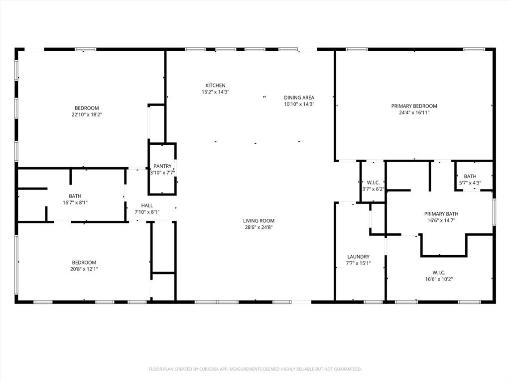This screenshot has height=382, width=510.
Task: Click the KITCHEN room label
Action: pyautogui.click(x=215, y=86)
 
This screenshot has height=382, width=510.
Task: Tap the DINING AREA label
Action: pyautogui.click(x=299, y=97)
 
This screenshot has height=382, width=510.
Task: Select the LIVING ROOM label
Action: pyautogui.click(x=258, y=220)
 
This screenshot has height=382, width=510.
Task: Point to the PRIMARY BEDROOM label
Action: pyautogui.click(x=414, y=106)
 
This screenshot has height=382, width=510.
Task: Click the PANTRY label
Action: pyautogui.click(x=162, y=166)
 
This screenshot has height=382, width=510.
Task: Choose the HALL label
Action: pyautogui.click(x=147, y=205)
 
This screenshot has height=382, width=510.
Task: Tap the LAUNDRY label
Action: pyautogui.click(x=358, y=257)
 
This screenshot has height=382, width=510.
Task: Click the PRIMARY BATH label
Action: pyautogui.click(x=441, y=214)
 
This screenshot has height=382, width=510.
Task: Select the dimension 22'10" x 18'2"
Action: pyautogui.click(x=87, y=114)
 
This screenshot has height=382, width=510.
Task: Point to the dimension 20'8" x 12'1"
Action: pyautogui.click(x=84, y=269)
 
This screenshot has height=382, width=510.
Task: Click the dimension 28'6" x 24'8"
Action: pyautogui.click(x=258, y=227)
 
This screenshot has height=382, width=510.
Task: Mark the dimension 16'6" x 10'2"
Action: pyautogui.click(x=439, y=279)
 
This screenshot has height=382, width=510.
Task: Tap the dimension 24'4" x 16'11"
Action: pyautogui.click(x=414, y=112)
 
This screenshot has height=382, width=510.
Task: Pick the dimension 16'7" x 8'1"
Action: pyautogui.click(x=75, y=202)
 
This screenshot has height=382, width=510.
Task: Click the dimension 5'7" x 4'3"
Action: pyautogui.click(x=470, y=183)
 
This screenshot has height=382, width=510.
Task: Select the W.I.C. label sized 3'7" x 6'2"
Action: pyautogui.click(x=373, y=183)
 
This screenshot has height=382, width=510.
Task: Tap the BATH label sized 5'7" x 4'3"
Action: pyautogui.click(x=470, y=176)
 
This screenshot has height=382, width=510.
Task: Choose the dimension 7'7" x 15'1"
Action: pyautogui.click(x=358, y=263)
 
